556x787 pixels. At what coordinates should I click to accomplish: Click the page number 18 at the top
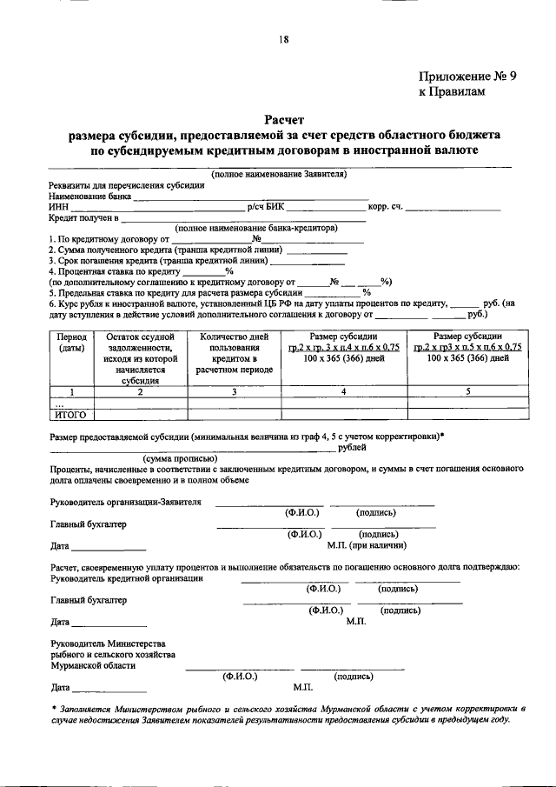[283, 39]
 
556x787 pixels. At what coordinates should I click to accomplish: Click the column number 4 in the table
[344, 391]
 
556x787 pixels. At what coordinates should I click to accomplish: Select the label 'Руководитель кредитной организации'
[127, 577]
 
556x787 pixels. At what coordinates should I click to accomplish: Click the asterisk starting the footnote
[54, 709]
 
